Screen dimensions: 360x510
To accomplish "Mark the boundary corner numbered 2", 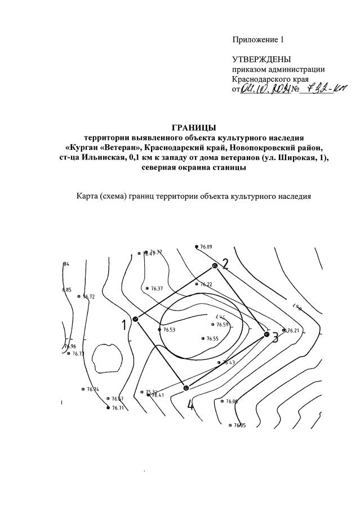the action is pyautogui.click(x=215, y=265).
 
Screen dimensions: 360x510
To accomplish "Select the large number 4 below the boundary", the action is pyautogui.click(x=190, y=405).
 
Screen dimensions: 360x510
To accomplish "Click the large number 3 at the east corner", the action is pyautogui.click(x=275, y=338).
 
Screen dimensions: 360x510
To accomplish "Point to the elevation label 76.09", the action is pyautogui.click(x=206, y=247).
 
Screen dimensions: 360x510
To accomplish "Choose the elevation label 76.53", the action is pyautogui.click(x=169, y=330).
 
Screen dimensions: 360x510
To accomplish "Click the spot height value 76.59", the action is pyautogui.click(x=222, y=325).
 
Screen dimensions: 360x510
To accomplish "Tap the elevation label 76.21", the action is pyautogui.click(x=293, y=330).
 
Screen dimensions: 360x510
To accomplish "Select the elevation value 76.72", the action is pyautogui.click(x=89, y=296).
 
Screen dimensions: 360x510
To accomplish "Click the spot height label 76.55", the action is pyautogui.click(x=212, y=339).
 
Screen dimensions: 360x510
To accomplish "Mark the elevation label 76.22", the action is pyautogui.click(x=205, y=285).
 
